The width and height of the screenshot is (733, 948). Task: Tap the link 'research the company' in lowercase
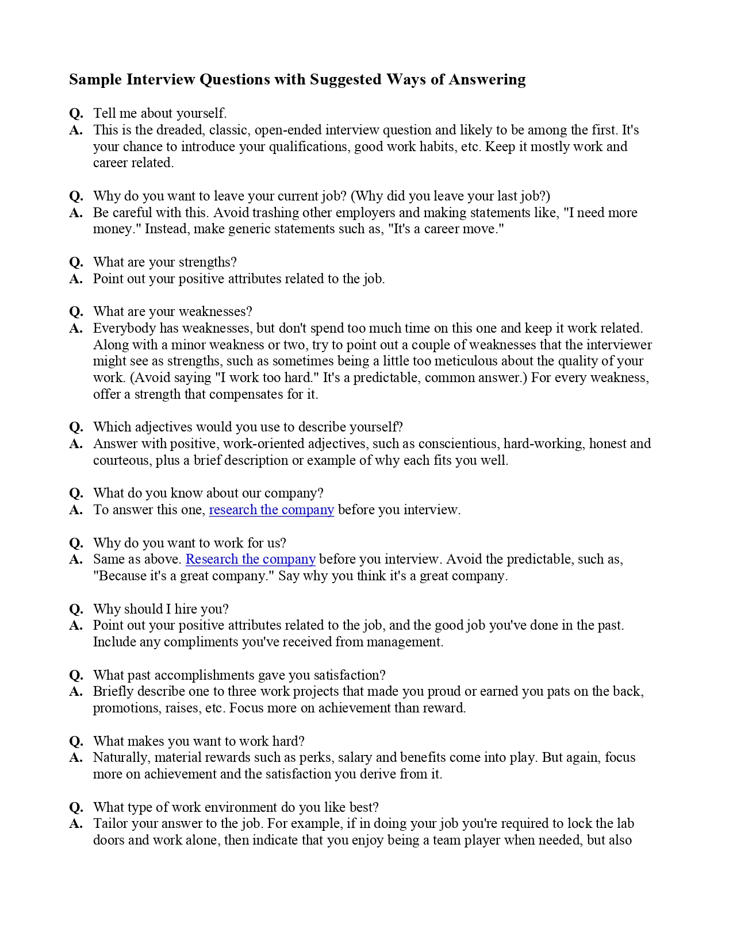pyautogui.click(x=271, y=510)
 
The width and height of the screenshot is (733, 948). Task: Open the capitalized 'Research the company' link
pyautogui.click(x=250, y=559)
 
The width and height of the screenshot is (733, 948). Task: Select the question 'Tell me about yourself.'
pyautogui.click(x=160, y=113)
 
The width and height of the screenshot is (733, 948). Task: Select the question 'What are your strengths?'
pyautogui.click(x=165, y=262)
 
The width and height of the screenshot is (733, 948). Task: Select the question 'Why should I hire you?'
pyautogui.click(x=161, y=609)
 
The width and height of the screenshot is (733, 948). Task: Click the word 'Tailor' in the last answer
pyautogui.click(x=110, y=823)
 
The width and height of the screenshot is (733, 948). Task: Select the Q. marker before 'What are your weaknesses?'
pyautogui.click(x=76, y=311)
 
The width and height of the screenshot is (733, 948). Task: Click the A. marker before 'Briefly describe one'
pyautogui.click(x=76, y=691)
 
